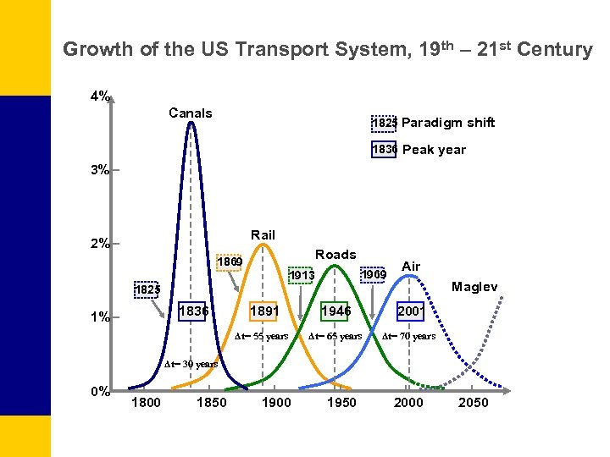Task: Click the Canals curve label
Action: coord(191,113)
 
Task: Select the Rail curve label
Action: coord(263,234)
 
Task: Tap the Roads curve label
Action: coord(335,254)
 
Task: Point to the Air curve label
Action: coord(411,266)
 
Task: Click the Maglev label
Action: coord(474,287)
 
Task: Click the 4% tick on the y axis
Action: coord(100,96)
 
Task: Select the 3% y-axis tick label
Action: coord(100,170)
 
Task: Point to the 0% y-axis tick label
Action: coord(100,391)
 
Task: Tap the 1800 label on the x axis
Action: coord(146,402)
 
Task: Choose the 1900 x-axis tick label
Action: coord(276,402)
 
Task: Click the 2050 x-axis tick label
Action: coord(473,402)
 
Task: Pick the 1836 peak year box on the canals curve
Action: coord(194,311)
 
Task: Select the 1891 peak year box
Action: coord(264,311)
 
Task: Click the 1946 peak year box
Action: coord(335,311)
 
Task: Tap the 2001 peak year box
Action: coord(410,311)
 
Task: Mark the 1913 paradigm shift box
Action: coord(301,275)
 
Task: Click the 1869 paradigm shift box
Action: coord(229,262)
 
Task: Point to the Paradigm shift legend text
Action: coord(448,123)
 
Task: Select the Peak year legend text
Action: coord(434,150)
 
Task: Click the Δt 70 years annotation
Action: coord(408,336)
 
